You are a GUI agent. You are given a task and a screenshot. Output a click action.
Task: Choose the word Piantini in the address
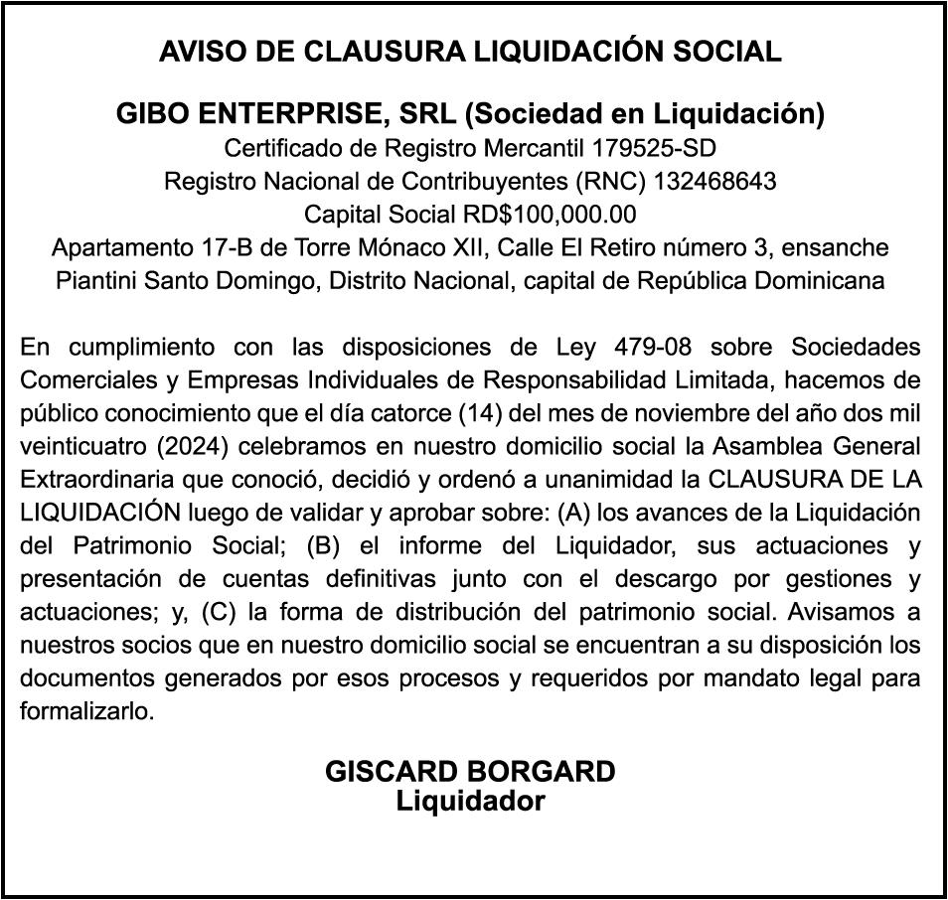tap(97, 280)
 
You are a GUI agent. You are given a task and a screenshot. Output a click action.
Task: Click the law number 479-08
tap(676, 347)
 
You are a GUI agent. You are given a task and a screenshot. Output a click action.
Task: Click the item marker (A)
tap(576, 513)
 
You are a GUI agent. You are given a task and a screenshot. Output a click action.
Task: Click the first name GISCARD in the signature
tap(388, 771)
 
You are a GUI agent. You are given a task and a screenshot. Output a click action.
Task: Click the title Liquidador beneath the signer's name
tap(470, 801)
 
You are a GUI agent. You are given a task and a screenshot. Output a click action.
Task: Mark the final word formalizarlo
tap(87, 711)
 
